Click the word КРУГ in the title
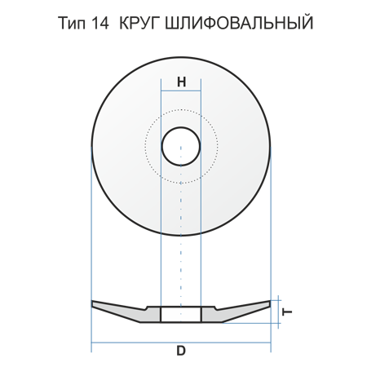pos(139,23)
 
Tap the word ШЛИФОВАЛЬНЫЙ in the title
pos(239,22)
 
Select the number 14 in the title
pos(100,23)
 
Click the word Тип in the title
pos(72,23)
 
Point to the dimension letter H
pos(181,82)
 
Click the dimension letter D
pos(181,351)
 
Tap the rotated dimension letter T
pos(287,312)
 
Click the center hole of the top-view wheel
pos(181,147)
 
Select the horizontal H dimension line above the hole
pos(181,91)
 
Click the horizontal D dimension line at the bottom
pos(181,343)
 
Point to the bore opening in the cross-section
pos(181,315)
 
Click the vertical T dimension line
pos(278,312)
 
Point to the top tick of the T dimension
pos(276,300)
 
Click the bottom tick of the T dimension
pos(276,323)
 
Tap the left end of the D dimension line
pos(91,343)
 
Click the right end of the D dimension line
pos(271,343)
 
